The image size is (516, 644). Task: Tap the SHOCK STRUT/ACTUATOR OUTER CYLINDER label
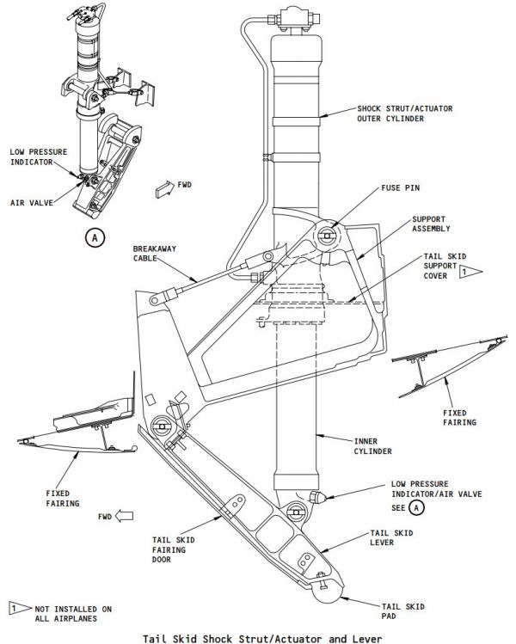pyautogui.click(x=405, y=114)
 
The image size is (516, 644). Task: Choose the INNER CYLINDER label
pyautogui.click(x=373, y=446)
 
